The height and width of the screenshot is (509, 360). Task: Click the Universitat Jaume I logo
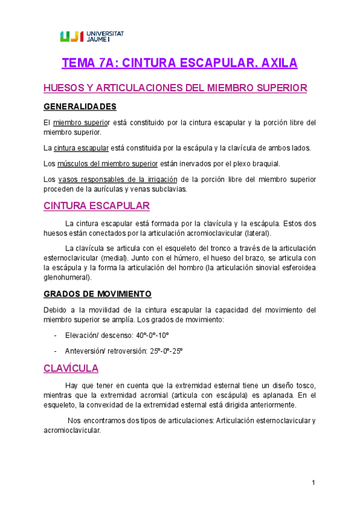point(92,36)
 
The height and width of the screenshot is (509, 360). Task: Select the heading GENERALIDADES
point(80,107)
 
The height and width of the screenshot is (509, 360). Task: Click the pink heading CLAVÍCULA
point(71,368)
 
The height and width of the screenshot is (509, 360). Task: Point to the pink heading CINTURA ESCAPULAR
point(97,205)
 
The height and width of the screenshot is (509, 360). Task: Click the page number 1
point(313,483)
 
